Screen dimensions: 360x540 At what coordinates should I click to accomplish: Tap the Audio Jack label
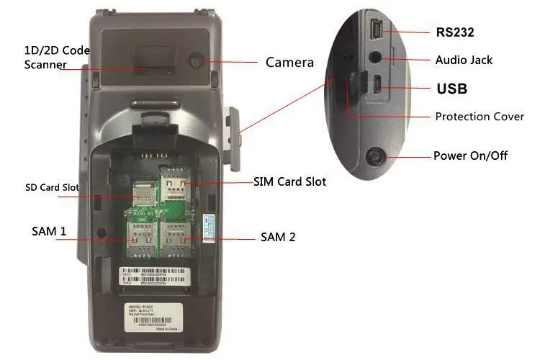[x=464, y=60]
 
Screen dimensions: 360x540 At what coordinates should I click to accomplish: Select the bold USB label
[x=452, y=89]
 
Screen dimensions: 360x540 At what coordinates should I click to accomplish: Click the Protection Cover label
[x=480, y=116]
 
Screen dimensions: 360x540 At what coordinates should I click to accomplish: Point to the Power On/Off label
[x=470, y=156]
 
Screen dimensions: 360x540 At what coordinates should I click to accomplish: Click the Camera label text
[x=289, y=63]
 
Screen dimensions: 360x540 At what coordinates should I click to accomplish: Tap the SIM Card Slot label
[x=289, y=182]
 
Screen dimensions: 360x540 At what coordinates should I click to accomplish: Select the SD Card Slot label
[x=49, y=189]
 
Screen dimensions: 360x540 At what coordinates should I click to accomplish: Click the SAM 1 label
[x=49, y=231]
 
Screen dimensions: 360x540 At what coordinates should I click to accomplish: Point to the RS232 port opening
[x=377, y=31]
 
